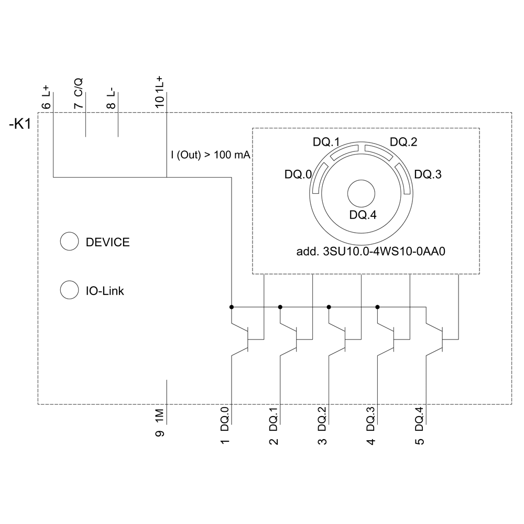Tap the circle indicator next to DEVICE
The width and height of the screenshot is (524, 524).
point(69,242)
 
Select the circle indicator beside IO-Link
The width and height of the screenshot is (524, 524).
point(69,290)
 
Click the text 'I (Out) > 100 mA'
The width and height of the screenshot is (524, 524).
point(210,155)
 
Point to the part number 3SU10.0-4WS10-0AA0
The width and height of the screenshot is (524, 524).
point(370,252)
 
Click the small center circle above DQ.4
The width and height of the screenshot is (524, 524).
point(362,193)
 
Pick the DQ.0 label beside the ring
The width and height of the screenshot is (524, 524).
point(298,174)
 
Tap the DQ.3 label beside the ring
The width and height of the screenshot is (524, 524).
point(428,174)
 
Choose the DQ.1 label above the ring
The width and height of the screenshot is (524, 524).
point(326,142)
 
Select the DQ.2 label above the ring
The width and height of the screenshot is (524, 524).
point(403,142)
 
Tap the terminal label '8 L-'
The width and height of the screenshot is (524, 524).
point(111,97)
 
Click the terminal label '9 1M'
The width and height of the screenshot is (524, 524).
point(160,421)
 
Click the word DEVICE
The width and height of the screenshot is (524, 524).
point(107,242)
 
